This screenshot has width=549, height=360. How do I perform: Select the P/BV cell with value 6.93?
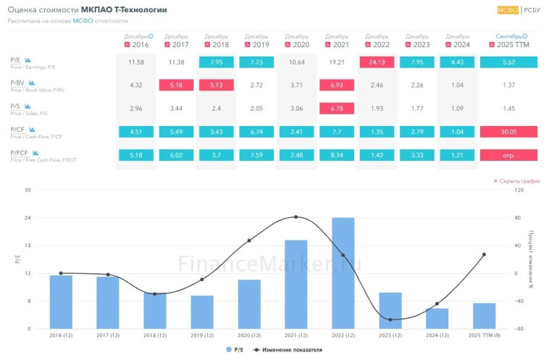[337, 85]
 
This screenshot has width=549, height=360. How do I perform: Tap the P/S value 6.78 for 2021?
[337, 109]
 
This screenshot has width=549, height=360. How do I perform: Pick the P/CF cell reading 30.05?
[508, 132]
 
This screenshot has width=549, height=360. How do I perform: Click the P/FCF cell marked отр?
[508, 155]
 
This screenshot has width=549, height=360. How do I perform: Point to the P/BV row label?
[17, 84]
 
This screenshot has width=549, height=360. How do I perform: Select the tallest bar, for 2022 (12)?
[343, 273]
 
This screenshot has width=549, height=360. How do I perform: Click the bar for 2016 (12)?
[61, 302]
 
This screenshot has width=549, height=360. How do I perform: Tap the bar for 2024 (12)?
[437, 319]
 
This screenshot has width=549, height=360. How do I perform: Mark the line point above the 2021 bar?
[296, 217]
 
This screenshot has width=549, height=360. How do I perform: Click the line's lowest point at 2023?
[390, 319]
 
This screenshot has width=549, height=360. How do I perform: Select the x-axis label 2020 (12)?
[249, 336]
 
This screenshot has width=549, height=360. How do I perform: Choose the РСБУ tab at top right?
[532, 10]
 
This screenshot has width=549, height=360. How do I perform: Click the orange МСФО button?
[507, 10]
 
